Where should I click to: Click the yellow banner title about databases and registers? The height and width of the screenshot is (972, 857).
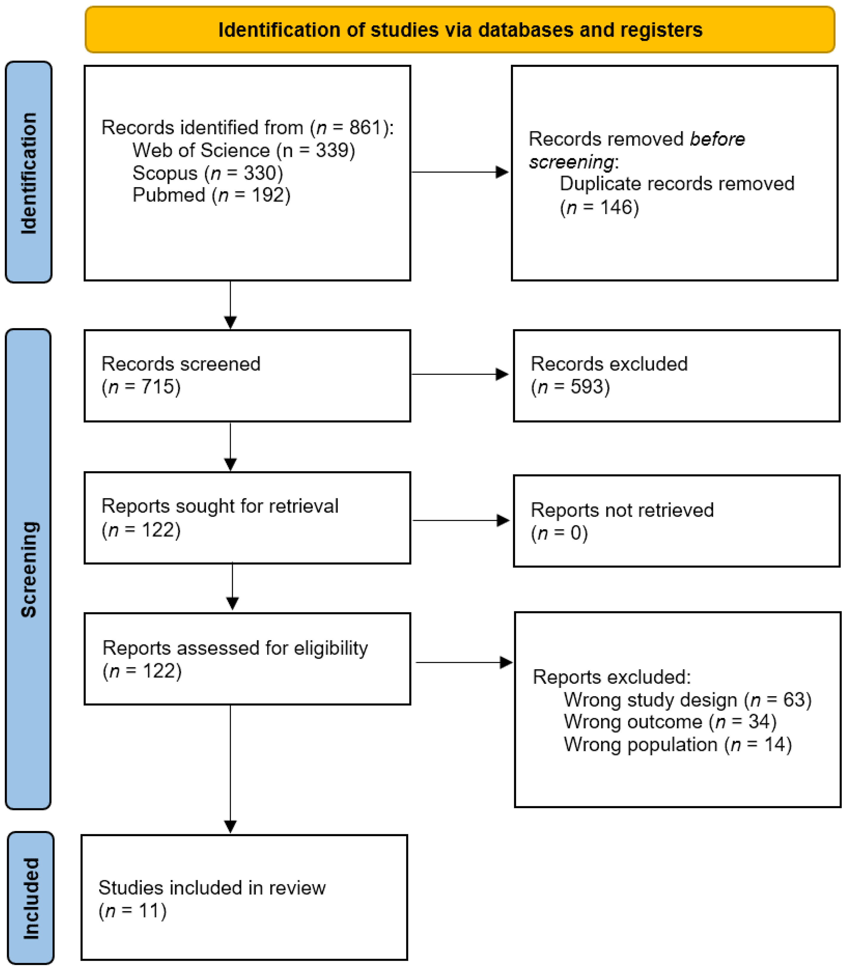pyautogui.click(x=460, y=30)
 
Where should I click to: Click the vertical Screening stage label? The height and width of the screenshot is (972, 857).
pyautogui.click(x=29, y=569)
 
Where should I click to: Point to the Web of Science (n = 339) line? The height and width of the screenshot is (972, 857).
pyautogui.click(x=244, y=150)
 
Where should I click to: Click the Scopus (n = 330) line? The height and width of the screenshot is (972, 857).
pyautogui.click(x=207, y=173)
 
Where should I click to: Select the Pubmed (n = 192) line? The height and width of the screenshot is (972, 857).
pyautogui.click(x=211, y=195)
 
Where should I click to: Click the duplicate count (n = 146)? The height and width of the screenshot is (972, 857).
pyautogui.click(x=599, y=207)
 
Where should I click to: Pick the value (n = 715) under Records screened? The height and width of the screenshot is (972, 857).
pyautogui.click(x=141, y=387)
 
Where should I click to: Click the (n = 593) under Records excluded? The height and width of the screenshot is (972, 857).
pyautogui.click(x=570, y=387)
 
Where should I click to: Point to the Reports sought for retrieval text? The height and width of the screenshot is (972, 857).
pyautogui.click(x=220, y=506)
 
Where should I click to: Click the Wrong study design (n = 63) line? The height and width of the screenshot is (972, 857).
pyautogui.click(x=687, y=700)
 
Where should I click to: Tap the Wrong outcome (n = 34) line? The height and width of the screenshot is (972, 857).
pyautogui.click(x=670, y=722)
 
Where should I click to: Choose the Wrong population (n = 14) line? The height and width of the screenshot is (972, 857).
pyautogui.click(x=677, y=744)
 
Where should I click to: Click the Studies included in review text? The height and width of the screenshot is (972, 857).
pyautogui.click(x=212, y=888)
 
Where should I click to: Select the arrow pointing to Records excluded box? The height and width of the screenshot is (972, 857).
pyautogui.click(x=459, y=374)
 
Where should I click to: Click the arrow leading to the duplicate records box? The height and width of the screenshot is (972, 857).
pyautogui.click(x=459, y=172)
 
